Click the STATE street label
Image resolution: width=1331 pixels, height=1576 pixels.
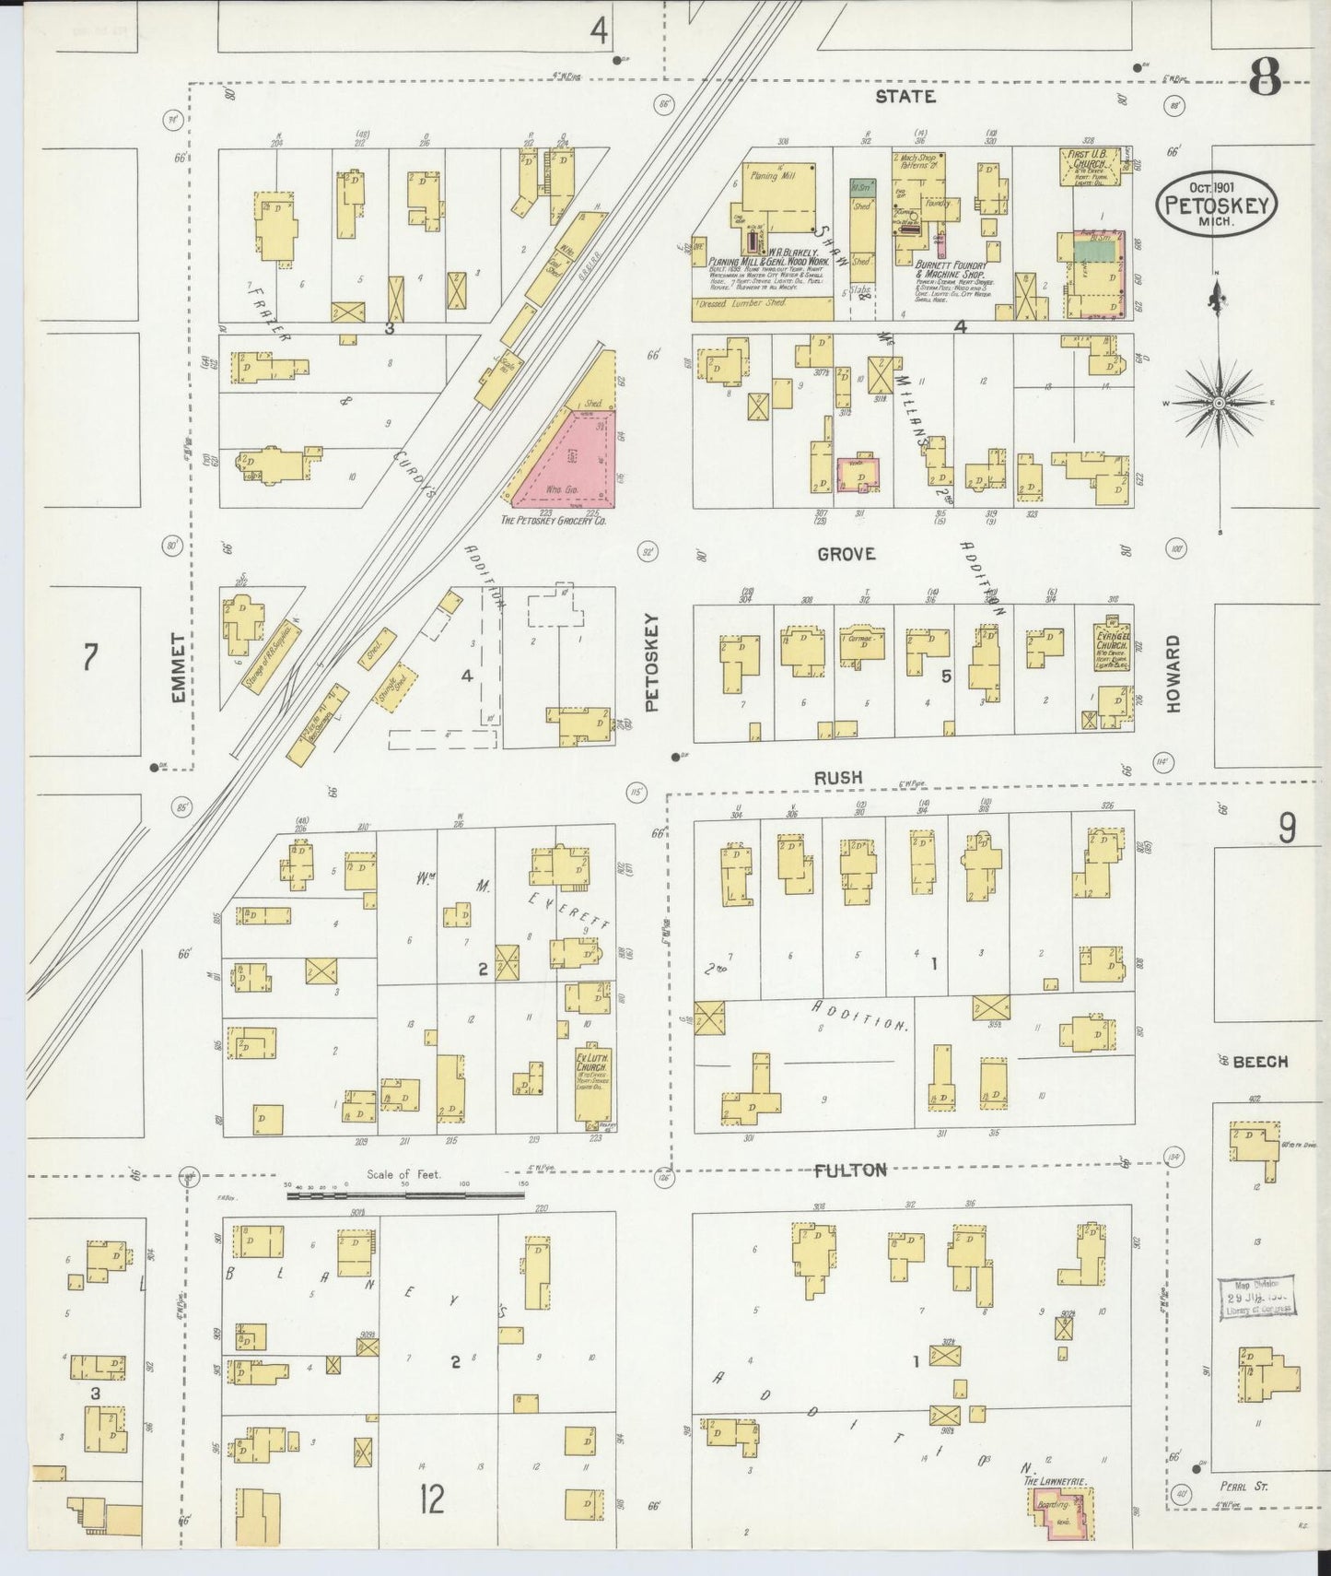tap(905, 96)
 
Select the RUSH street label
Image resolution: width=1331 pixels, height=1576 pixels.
tap(837, 778)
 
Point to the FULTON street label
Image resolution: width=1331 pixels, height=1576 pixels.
tap(850, 1170)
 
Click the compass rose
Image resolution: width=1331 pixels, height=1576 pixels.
tap(1219, 404)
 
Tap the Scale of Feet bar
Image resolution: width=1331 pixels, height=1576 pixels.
tap(405, 1195)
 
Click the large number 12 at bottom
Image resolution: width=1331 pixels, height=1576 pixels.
tap(431, 1500)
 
